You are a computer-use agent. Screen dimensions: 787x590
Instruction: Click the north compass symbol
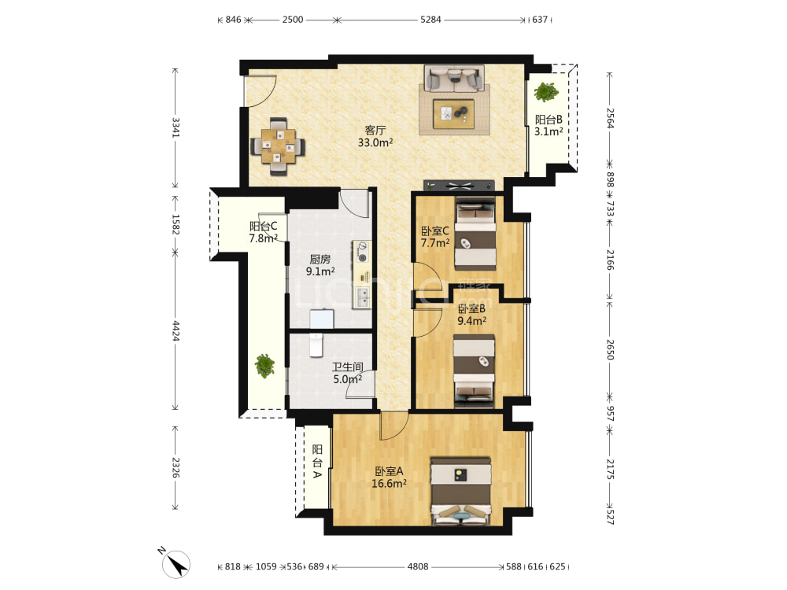(x=176, y=563)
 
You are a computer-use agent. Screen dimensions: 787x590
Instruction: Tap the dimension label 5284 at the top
(x=430, y=20)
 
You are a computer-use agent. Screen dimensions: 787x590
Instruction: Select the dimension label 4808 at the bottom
(x=418, y=566)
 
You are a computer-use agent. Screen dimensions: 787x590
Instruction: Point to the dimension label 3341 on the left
(x=176, y=127)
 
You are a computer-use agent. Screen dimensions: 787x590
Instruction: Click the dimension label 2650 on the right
(x=610, y=350)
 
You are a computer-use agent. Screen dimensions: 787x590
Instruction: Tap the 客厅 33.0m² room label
(x=375, y=136)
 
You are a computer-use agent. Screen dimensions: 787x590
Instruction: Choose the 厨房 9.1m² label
(x=320, y=265)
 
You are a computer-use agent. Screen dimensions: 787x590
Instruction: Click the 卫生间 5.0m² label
(x=347, y=373)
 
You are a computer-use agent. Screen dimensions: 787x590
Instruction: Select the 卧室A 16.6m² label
(x=389, y=478)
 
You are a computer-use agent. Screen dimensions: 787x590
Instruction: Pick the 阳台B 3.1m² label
(x=548, y=125)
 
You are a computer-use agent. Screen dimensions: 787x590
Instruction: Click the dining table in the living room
(x=278, y=146)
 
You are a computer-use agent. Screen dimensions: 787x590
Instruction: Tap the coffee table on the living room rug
(x=454, y=114)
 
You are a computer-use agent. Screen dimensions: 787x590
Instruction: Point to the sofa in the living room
(x=454, y=78)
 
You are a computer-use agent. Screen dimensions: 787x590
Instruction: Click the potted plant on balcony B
(x=546, y=92)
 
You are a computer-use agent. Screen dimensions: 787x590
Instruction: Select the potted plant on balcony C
(x=264, y=365)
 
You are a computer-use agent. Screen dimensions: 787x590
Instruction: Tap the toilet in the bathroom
(x=316, y=345)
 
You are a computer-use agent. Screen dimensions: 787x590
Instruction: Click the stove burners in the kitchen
(x=362, y=253)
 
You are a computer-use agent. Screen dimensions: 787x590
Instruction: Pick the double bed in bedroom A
(x=460, y=491)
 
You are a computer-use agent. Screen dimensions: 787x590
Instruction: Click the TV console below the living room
(x=460, y=186)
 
